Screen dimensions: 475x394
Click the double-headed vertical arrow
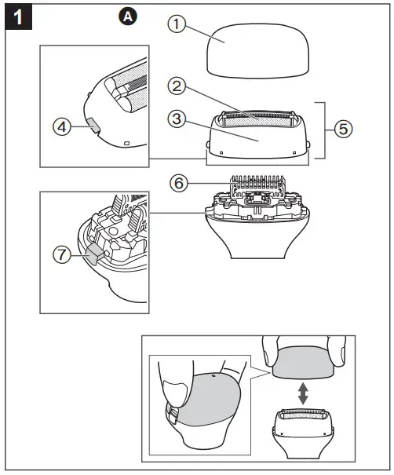click(x=301, y=393)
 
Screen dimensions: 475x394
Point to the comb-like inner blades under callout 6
click(x=255, y=187)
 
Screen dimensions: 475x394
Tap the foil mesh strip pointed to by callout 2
click(x=257, y=119)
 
